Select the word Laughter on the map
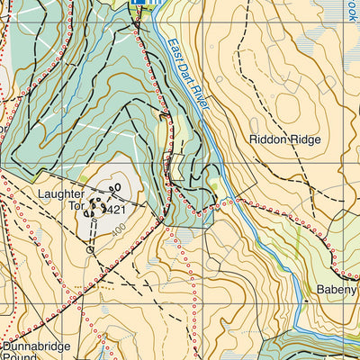click(x=61, y=193)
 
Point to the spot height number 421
click(x=114, y=210)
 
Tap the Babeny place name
click(x=337, y=291)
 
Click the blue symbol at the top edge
click(x=143, y=4)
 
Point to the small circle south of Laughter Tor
click(x=89, y=251)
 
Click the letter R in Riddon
click(x=256, y=139)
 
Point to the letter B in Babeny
click(x=321, y=291)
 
